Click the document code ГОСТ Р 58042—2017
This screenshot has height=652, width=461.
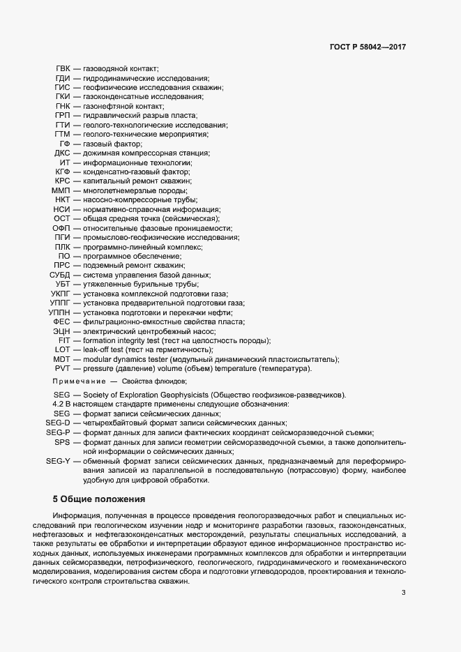[x=368, y=47]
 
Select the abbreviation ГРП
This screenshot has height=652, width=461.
[x=61, y=115]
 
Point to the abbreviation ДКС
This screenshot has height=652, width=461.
[x=61, y=153]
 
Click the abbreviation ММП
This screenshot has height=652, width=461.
[x=61, y=190]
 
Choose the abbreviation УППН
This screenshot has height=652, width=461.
[x=59, y=312]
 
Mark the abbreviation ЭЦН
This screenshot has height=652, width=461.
[x=61, y=331]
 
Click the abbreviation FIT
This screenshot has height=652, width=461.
[x=64, y=340]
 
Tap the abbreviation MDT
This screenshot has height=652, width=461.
[x=61, y=359]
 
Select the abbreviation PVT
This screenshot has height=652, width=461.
[x=62, y=368]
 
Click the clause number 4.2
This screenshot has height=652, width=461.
[x=59, y=404]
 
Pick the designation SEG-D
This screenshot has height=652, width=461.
[x=58, y=423]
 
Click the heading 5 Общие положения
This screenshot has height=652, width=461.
[x=98, y=499]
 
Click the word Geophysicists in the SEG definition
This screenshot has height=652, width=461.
[x=190, y=395]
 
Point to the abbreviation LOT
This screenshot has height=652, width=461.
[x=63, y=349]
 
